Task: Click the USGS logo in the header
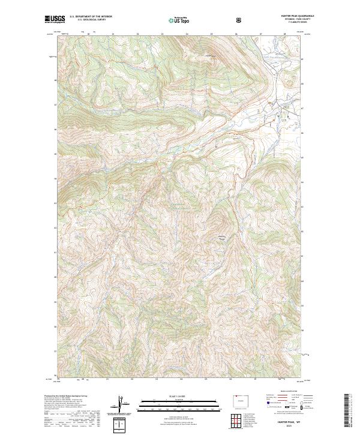pyautogui.click(x=55, y=20)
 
